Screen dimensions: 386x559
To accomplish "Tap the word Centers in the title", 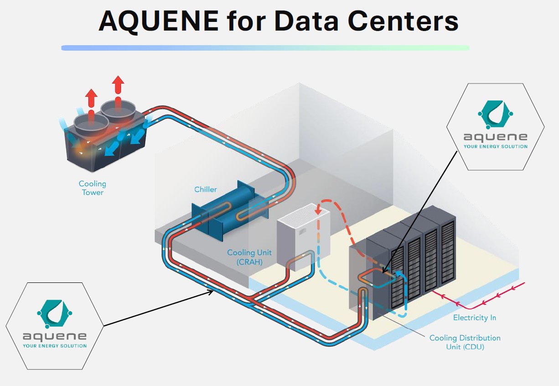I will [x=400, y=21].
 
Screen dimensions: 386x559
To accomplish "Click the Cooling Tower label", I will [x=93, y=188].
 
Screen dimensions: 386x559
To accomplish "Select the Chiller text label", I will [x=206, y=189].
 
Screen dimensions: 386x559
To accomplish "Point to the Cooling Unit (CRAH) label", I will [x=249, y=257].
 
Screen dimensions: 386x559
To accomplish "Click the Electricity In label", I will [x=474, y=318].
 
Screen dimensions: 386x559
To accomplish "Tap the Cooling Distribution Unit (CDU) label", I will [x=465, y=342].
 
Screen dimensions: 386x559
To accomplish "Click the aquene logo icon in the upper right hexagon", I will [x=495, y=114].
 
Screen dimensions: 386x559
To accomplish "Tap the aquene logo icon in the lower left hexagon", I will [x=55, y=313].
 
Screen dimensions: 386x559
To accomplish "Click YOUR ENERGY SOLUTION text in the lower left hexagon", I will [x=55, y=346].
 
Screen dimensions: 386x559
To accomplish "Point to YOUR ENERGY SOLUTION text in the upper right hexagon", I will [x=495, y=146].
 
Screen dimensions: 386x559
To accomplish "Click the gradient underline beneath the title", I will [x=265, y=47].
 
